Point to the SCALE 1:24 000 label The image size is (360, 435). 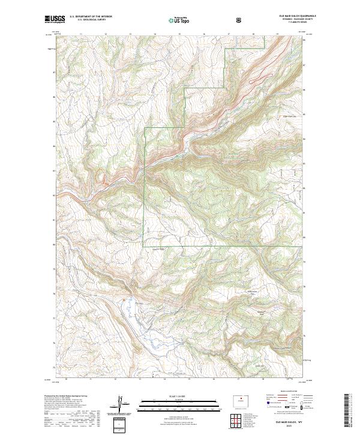[173, 397]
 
